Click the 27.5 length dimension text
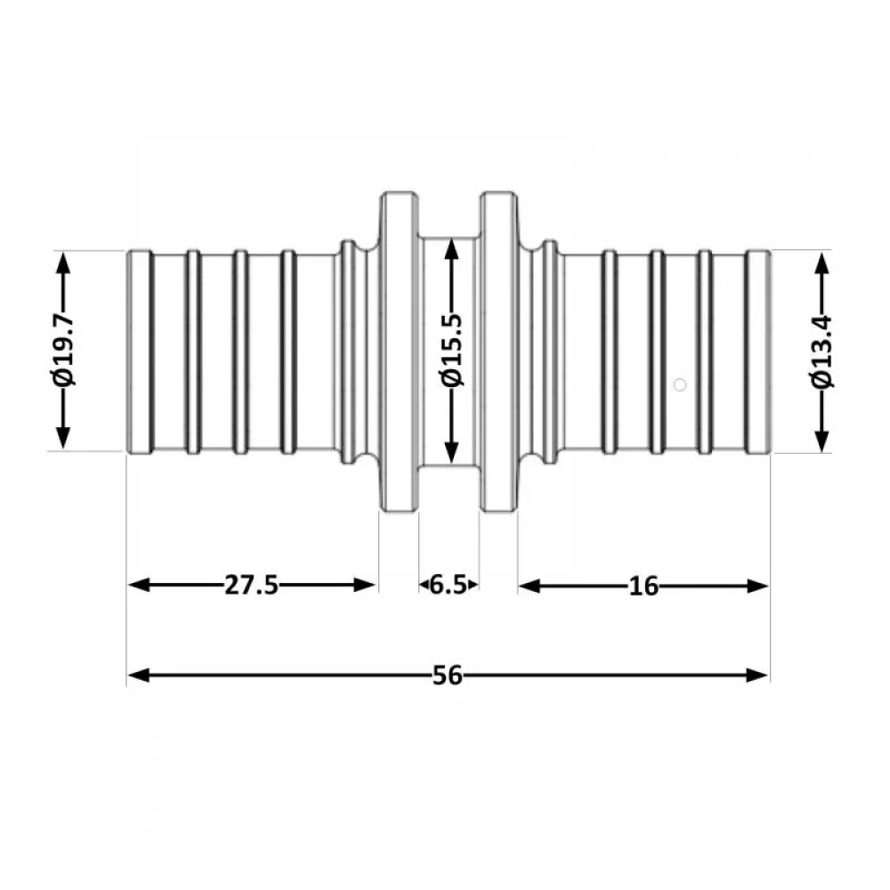252,585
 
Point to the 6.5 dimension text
448,585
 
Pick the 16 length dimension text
643,587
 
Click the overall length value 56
448,676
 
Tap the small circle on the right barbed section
679,384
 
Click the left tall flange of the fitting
399,352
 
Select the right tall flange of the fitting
499,352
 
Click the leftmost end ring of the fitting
140,352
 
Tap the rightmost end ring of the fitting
757,352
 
